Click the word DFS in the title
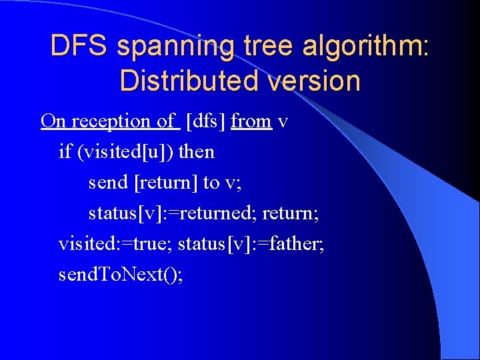(x=79, y=46)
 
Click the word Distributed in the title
(x=183, y=81)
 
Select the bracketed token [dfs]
(x=205, y=121)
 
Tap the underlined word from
(x=251, y=121)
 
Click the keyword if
(x=65, y=152)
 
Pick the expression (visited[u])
(x=126, y=152)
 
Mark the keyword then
(x=197, y=152)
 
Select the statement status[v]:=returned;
(x=173, y=213)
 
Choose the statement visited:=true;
(x=115, y=244)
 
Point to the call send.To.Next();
(x=121, y=275)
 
